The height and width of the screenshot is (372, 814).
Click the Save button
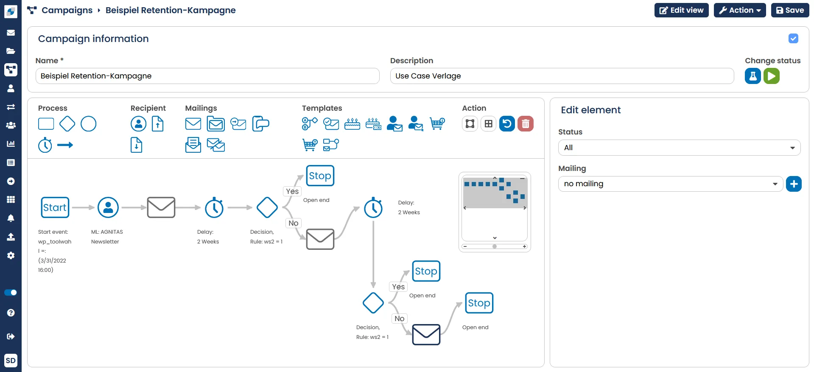tap(790, 10)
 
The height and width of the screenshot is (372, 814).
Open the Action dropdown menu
tap(739, 10)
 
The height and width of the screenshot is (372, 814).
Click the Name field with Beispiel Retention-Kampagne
tap(207, 76)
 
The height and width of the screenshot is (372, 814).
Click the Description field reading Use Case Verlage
tap(562, 76)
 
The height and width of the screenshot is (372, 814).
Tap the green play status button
tap(771, 76)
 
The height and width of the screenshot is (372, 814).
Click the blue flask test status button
tap(752, 76)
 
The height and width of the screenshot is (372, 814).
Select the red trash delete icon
tap(525, 124)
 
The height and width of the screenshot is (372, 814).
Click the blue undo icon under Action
tap(506, 124)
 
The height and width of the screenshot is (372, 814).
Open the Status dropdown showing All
tap(679, 148)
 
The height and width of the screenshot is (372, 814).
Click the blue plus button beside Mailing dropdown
tap(793, 184)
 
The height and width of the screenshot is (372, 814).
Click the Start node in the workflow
tap(55, 207)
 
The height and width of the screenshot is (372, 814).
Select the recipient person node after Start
tap(108, 207)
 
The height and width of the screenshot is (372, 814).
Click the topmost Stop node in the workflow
tap(320, 176)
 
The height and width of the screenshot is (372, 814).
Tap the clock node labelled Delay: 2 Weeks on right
tap(373, 207)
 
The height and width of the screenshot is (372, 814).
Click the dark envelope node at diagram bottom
tap(426, 335)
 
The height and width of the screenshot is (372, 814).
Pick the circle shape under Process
tap(88, 124)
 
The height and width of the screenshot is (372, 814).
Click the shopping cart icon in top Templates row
tap(437, 124)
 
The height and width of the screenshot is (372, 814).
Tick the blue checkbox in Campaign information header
tap(793, 39)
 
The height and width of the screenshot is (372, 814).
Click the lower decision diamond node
tap(373, 303)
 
